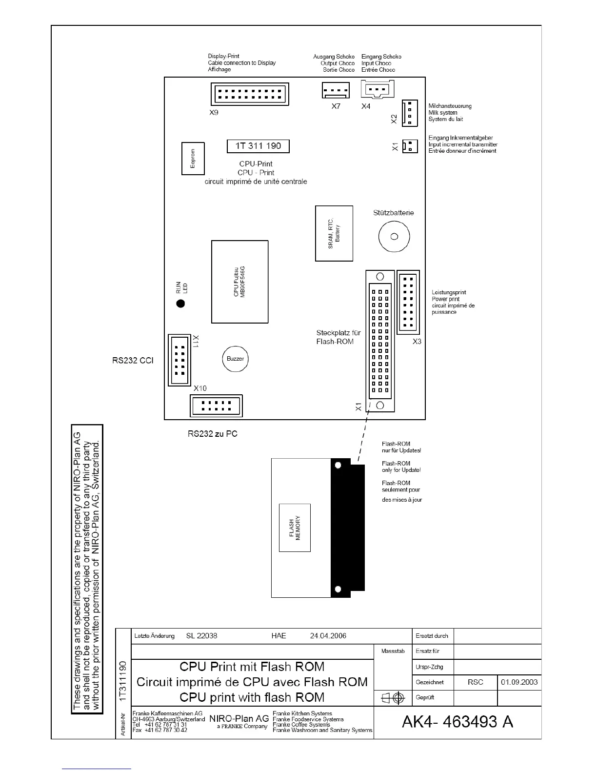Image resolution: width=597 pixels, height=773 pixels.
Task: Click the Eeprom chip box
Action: click(193, 159)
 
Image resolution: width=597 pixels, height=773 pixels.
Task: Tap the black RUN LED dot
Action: click(180, 304)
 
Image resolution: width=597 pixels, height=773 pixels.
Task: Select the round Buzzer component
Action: click(235, 359)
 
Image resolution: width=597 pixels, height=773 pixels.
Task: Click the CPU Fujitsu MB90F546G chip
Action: click(239, 282)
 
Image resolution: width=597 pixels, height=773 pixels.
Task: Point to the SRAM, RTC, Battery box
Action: click(334, 233)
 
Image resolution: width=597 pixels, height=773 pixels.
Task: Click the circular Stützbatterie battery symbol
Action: click(394, 237)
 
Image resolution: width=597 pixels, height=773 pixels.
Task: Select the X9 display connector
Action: click(250, 94)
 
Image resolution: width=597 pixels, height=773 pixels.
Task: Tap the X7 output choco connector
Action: click(336, 90)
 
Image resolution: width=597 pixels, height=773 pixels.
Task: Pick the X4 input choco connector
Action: click(377, 89)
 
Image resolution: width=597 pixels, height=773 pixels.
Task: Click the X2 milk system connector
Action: click(410, 112)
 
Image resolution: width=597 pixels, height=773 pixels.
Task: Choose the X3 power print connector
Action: click(408, 302)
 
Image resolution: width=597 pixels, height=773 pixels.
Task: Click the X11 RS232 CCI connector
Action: click(179, 360)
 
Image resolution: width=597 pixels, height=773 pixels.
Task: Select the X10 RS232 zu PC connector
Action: click(216, 406)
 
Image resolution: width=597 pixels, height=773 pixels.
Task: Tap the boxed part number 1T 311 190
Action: click(258, 146)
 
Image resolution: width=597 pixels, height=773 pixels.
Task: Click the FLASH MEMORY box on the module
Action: click(295, 528)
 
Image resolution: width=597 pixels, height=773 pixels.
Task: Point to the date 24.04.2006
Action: click(328, 635)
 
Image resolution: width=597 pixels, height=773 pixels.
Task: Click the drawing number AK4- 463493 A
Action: click(457, 722)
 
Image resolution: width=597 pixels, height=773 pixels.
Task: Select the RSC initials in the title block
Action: click(475, 682)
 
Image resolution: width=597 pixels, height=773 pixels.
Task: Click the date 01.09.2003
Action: click(519, 682)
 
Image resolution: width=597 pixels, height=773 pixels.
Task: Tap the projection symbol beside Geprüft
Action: click(393, 698)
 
